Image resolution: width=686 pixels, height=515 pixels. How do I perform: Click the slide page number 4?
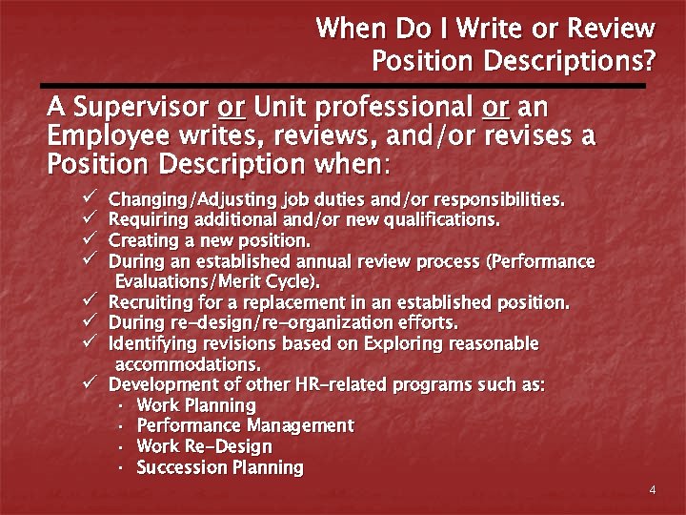click(x=652, y=490)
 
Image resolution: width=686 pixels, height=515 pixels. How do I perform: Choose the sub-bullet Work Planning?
click(x=196, y=405)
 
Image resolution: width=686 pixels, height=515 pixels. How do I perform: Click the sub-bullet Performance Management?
click(x=245, y=425)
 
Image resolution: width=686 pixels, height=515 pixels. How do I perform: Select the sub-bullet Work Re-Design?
click(x=204, y=446)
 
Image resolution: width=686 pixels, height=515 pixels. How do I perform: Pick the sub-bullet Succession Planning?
click(x=220, y=467)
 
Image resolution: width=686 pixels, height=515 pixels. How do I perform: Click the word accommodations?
click(x=188, y=364)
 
